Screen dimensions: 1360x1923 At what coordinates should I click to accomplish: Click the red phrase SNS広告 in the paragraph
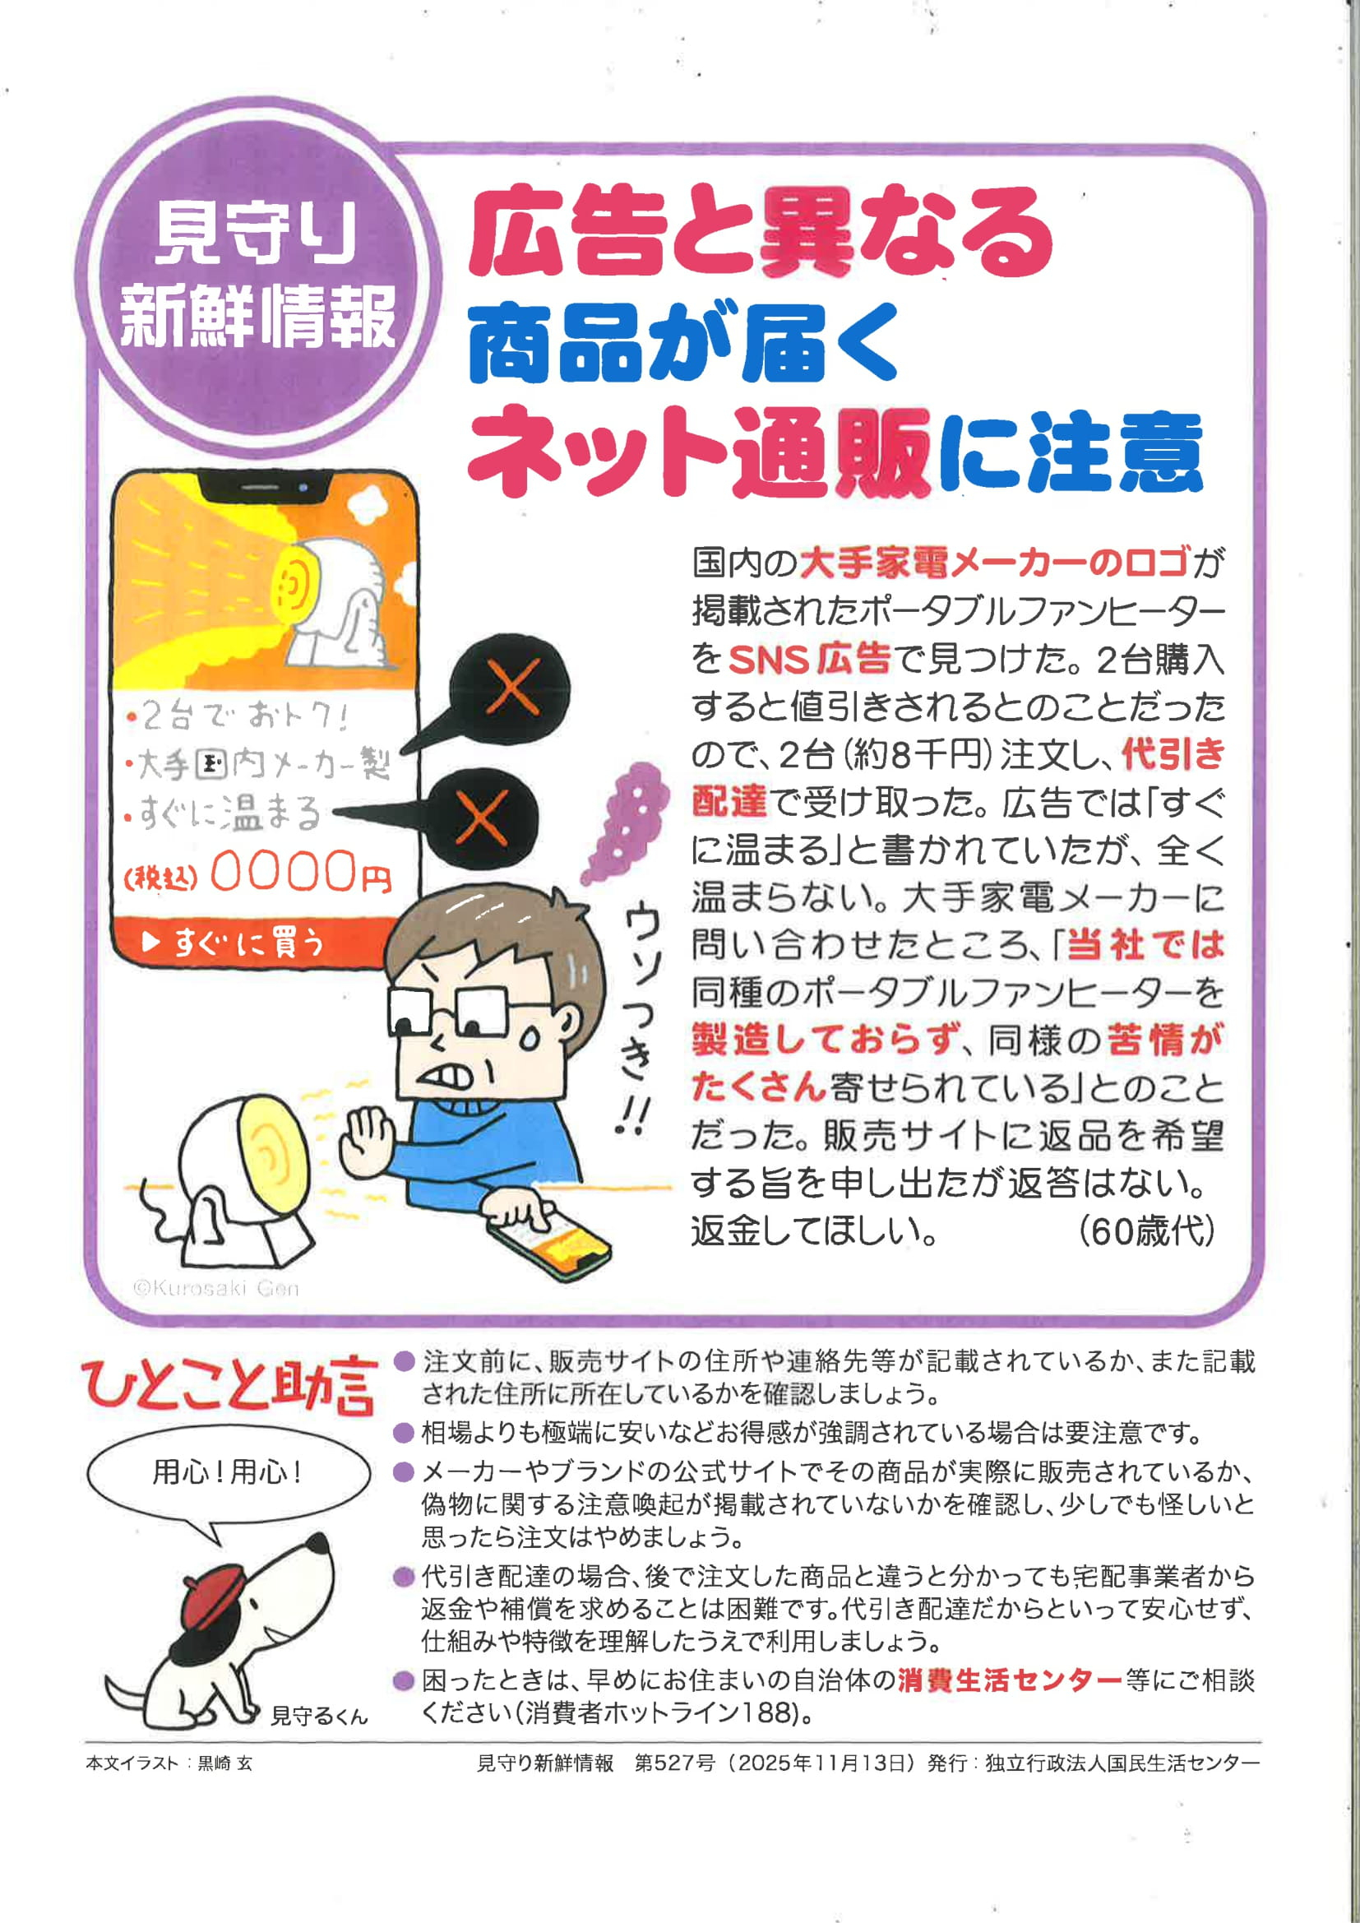809,659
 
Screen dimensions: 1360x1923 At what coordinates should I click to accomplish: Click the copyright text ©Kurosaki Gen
216,1288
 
